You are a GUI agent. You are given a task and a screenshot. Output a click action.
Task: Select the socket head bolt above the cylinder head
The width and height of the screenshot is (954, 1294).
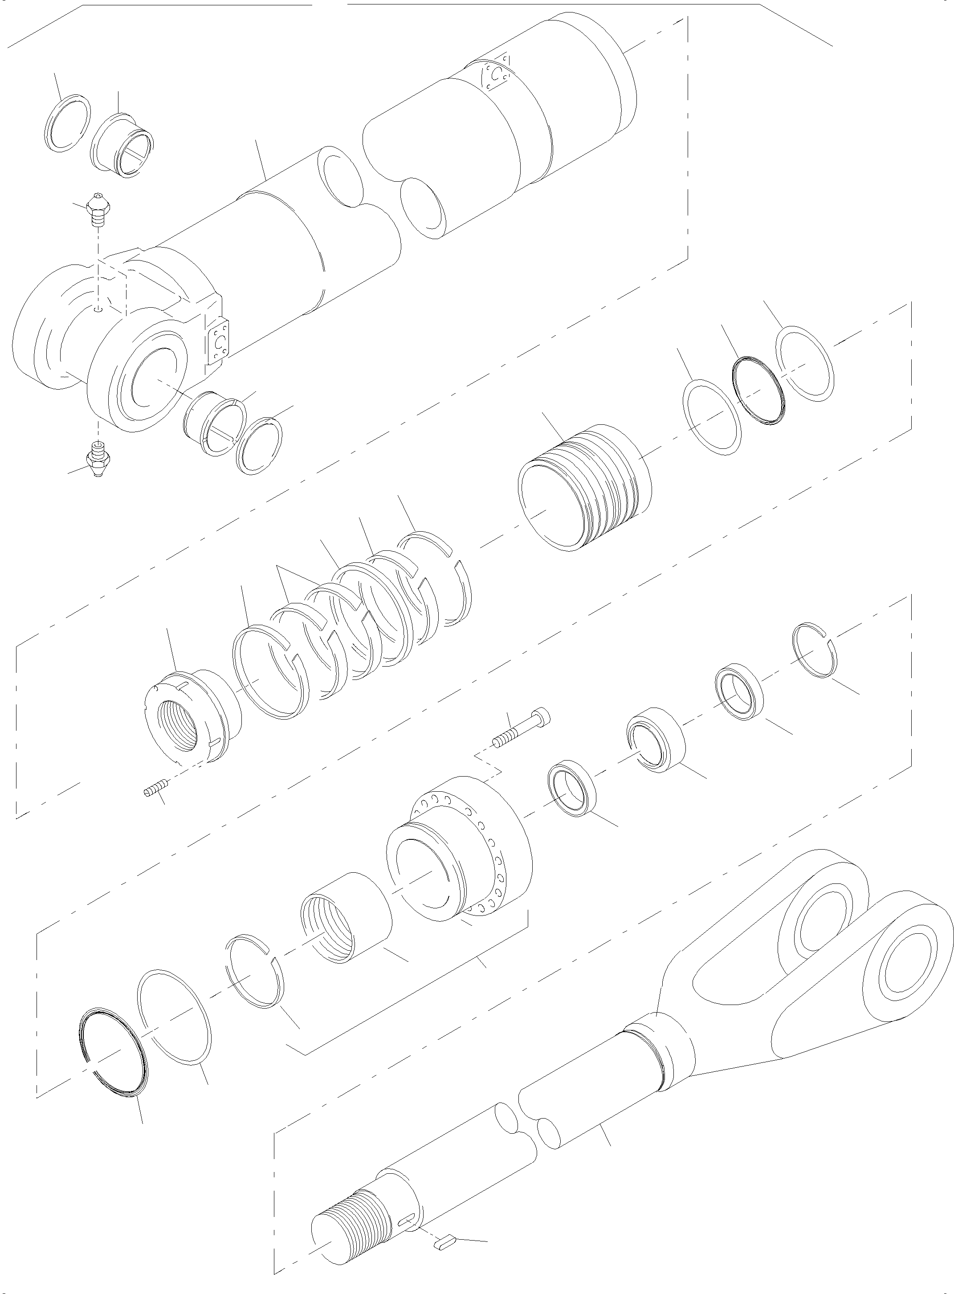522,729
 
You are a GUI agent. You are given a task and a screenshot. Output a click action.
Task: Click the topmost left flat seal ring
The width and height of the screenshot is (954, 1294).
67,123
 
